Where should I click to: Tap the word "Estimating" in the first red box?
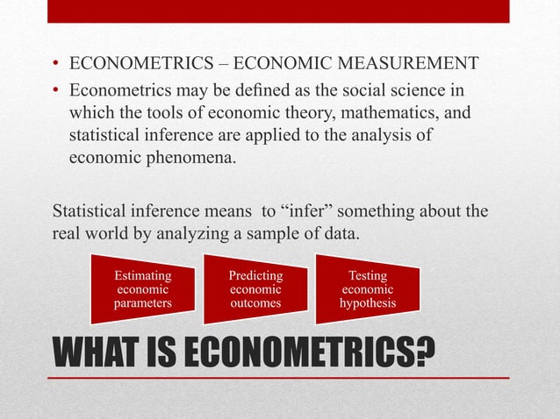point(142,275)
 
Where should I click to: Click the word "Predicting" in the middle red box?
point(255,275)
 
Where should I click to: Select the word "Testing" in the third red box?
point(368,275)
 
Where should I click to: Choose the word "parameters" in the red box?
point(142,303)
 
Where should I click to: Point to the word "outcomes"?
point(255,303)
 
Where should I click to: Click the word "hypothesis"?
point(368,303)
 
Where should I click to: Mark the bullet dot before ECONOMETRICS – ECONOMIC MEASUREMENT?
point(55,65)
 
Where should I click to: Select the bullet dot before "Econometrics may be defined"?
point(55,91)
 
